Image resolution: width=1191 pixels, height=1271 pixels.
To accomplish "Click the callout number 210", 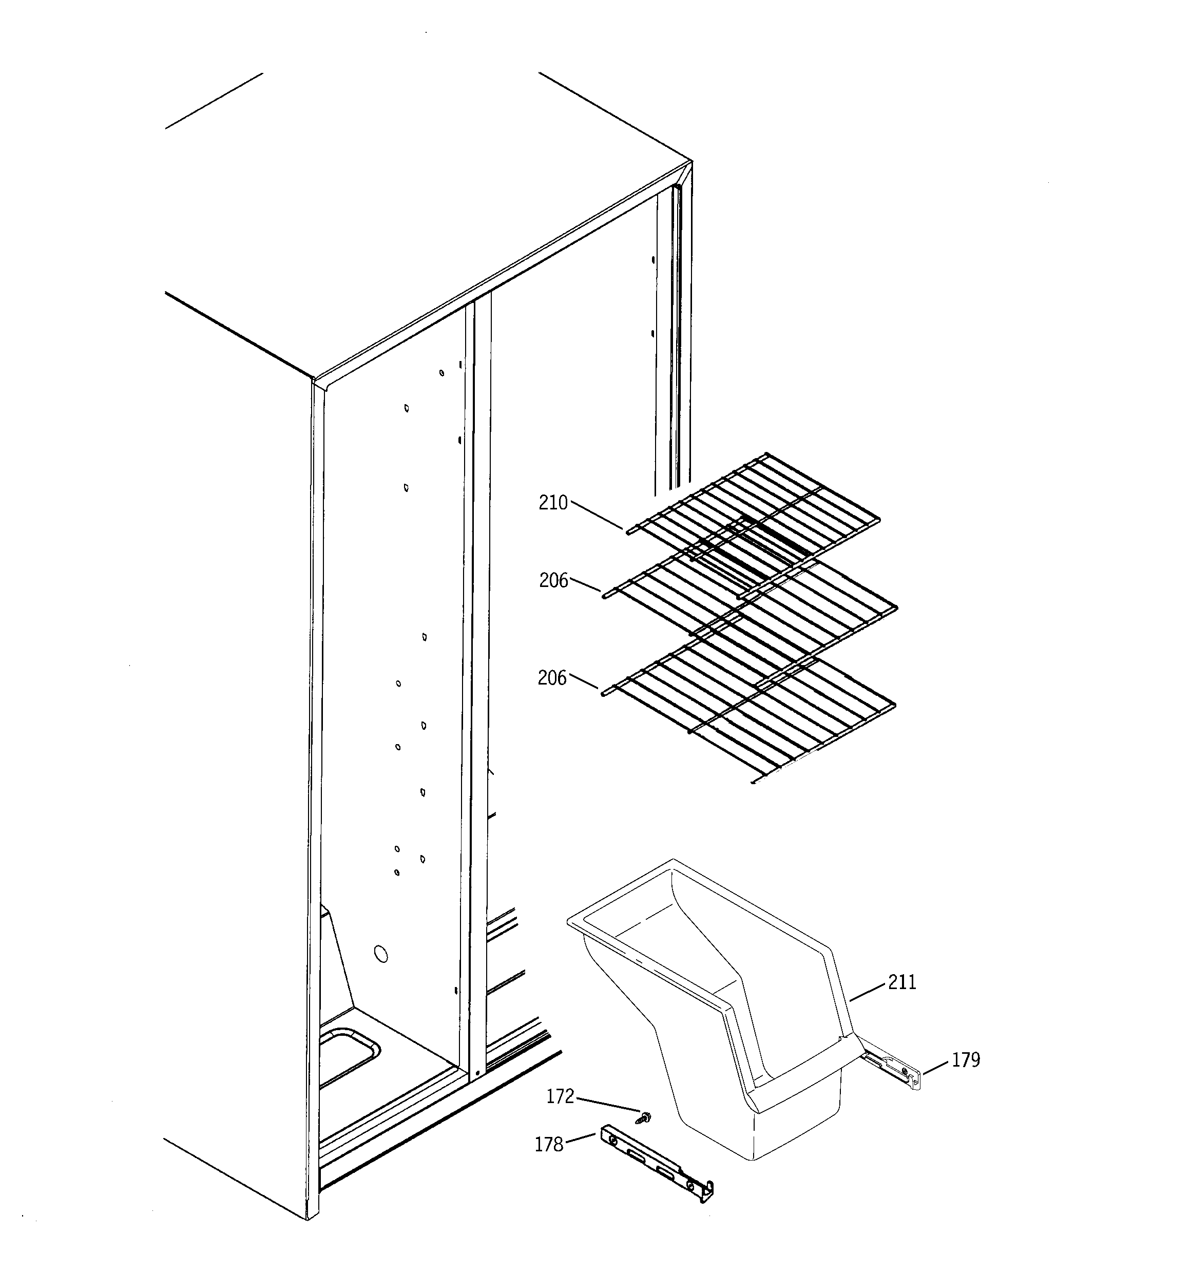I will pos(552,503).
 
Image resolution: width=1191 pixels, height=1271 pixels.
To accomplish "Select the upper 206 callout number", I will pos(553,580).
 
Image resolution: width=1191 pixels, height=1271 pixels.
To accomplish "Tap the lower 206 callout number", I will pos(552,678).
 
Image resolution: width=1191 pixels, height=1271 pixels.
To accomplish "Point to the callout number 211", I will pos(902,982).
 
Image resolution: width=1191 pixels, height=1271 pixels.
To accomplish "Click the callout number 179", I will pos(965,1060).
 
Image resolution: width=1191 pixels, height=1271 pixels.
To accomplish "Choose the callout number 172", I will pos(560,1096).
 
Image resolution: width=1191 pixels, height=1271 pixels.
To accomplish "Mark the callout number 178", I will pos(548,1144).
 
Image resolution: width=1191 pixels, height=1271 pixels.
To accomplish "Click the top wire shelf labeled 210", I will pos(754,511).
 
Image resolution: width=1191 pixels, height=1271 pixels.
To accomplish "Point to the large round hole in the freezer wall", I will pos(380,955).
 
